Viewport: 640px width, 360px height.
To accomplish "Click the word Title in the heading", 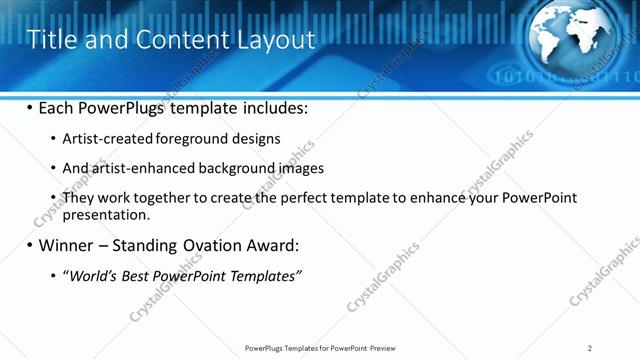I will pos(49,40).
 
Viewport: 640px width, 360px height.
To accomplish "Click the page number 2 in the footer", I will pos(590,348).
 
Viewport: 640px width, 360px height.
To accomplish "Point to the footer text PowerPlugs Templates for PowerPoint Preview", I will pos(320,348).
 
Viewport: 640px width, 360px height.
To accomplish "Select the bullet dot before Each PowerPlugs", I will pos(29,107).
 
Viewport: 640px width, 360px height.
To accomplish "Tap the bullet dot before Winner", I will pos(29,245).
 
